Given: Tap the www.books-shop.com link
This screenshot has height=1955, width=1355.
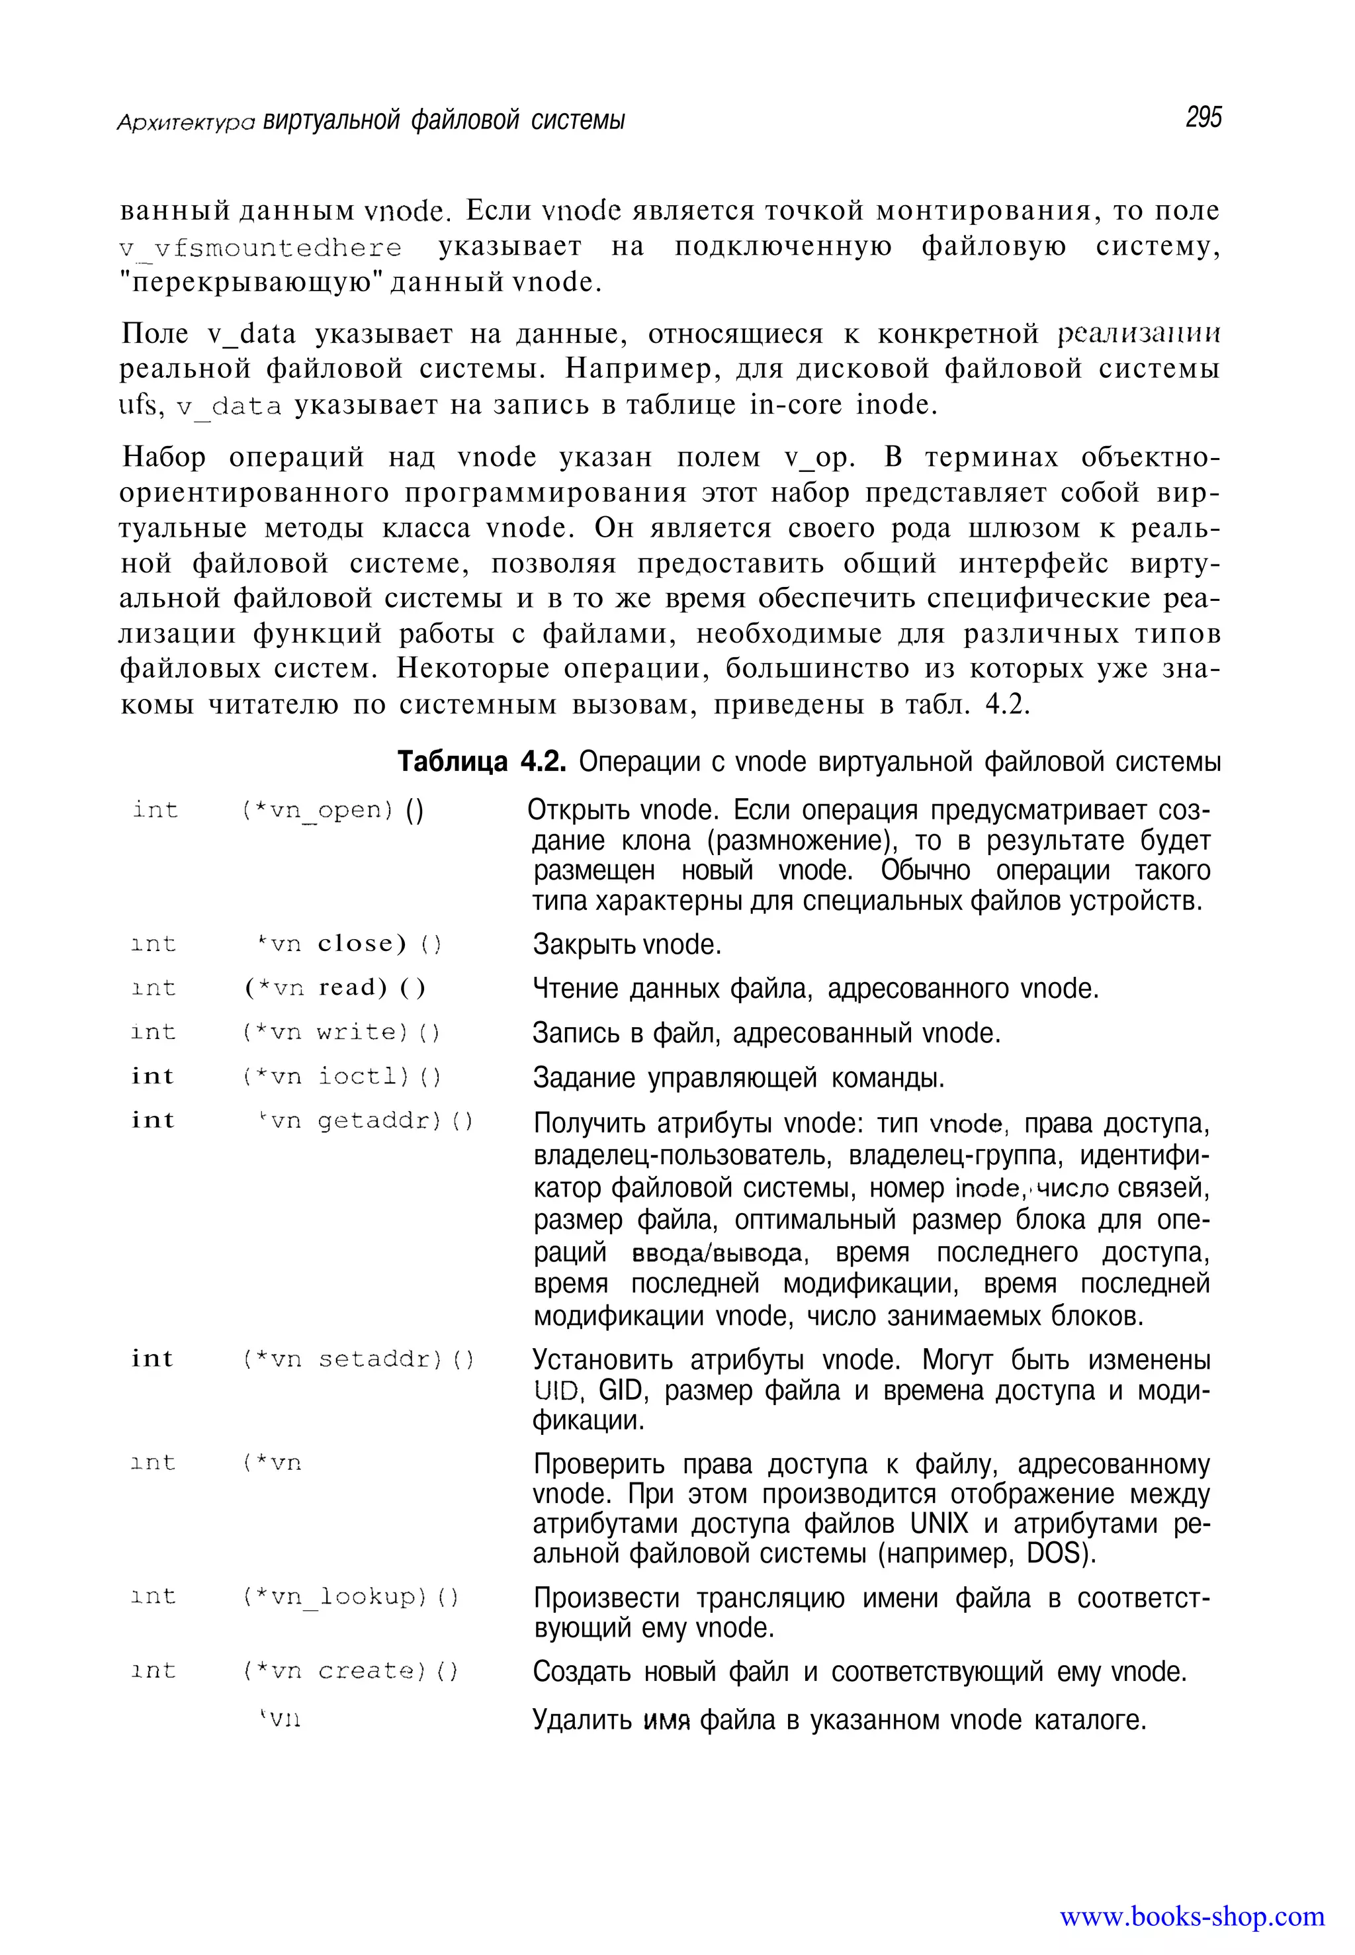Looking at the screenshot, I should click(1191, 1916).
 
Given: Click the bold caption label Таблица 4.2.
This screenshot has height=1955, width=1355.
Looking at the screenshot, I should click(482, 762).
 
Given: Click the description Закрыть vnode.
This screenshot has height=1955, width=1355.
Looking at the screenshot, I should click(627, 944).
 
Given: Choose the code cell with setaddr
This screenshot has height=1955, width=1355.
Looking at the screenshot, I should click(357, 1359).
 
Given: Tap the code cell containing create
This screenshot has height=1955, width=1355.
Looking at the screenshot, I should click(349, 1670).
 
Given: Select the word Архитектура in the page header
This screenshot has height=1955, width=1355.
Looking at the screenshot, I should click(185, 122).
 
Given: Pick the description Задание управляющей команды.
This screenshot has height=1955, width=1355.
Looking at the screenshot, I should click(738, 1077).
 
